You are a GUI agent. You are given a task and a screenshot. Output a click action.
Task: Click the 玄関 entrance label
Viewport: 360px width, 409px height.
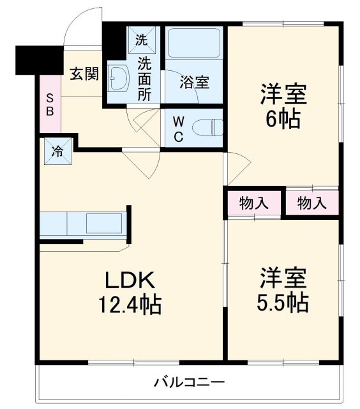pos(84,74)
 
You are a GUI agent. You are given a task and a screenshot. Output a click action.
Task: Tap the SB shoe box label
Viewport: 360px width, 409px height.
pos(50,104)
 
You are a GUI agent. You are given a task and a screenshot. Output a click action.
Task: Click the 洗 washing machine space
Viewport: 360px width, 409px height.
pos(141,39)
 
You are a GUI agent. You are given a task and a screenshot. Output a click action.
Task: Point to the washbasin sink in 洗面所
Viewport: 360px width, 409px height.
pos(119,81)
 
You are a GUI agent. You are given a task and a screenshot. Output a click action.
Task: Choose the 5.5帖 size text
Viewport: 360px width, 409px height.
pos(283,302)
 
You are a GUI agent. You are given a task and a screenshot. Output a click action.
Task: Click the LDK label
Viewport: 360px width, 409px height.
pos(130,280)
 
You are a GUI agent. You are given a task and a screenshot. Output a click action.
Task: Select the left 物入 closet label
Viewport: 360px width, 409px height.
pos(253,204)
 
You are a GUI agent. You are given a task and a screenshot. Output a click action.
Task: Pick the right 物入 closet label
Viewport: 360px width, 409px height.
pos(311,204)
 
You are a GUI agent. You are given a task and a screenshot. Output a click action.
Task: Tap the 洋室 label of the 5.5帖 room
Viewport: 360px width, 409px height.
pos(283,277)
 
